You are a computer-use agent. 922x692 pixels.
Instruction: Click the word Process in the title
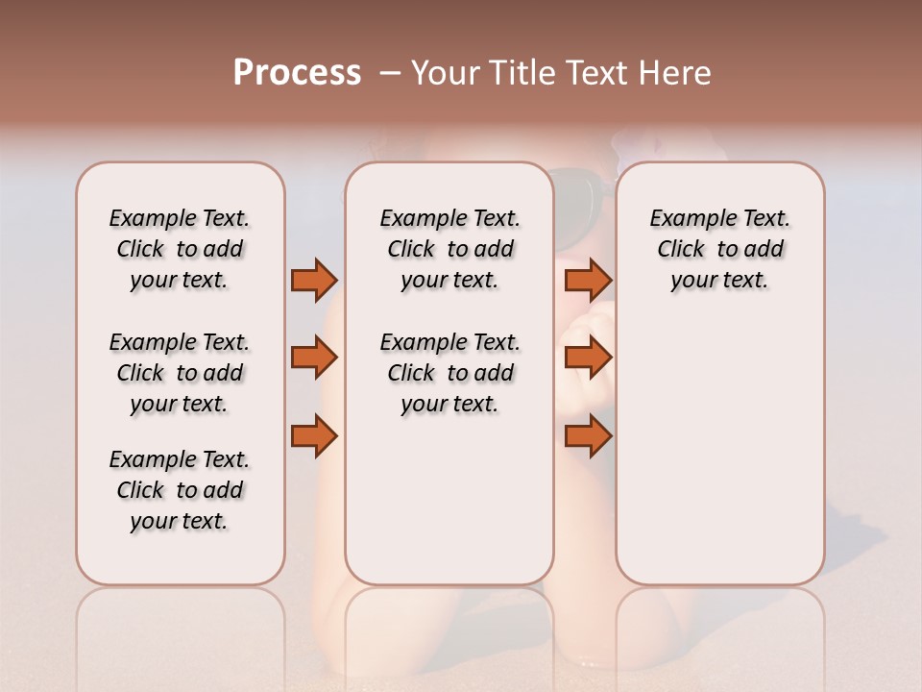click(x=297, y=73)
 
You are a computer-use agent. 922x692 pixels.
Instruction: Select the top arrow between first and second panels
click(x=314, y=280)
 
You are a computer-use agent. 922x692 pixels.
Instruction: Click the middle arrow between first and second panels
click(x=314, y=358)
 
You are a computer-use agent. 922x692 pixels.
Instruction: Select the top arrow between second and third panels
click(x=588, y=280)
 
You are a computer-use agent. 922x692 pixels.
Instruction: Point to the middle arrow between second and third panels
click(x=588, y=358)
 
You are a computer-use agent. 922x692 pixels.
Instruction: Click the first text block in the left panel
click(x=180, y=249)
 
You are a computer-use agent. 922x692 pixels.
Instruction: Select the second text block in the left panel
click(x=180, y=373)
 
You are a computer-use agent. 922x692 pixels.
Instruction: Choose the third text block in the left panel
click(x=180, y=490)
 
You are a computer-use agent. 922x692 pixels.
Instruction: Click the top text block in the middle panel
click(x=449, y=249)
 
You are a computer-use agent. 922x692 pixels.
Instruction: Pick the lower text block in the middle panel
click(x=449, y=373)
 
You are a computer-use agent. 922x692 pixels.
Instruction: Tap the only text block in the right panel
click(x=719, y=249)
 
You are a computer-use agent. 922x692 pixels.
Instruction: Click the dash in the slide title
click(x=389, y=73)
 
